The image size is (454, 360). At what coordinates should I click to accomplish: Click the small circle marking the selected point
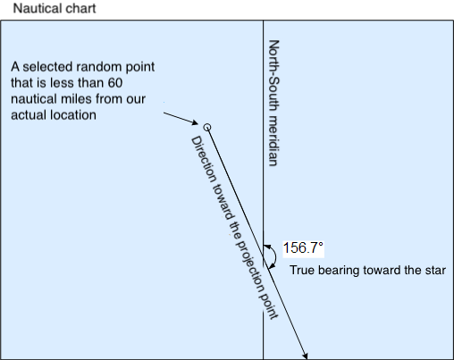207,128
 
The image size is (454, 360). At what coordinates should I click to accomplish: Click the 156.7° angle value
303,247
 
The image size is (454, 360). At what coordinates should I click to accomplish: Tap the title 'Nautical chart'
55,8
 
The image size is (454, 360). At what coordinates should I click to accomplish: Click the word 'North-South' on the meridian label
274,76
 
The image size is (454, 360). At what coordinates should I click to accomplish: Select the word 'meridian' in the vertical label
273,140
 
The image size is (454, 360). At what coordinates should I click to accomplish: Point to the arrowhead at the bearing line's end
306,356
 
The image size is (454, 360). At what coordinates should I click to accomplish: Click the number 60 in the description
115,83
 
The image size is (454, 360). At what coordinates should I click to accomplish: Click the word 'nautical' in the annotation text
33,99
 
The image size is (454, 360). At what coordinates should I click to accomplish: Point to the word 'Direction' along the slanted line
204,160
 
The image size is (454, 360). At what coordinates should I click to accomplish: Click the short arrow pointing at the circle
181,118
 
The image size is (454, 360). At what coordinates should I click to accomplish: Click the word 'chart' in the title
81,8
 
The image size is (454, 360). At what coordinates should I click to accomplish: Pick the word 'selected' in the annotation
51,67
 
